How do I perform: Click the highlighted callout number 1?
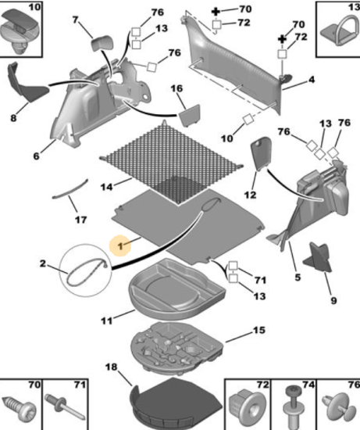(x=120, y=246)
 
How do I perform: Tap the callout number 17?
(x=80, y=220)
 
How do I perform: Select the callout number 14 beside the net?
(x=106, y=187)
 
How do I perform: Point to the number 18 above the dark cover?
(x=111, y=367)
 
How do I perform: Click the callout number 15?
(x=259, y=330)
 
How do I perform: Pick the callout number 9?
(x=333, y=300)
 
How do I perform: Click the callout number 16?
(x=176, y=88)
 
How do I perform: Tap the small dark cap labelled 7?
(x=102, y=43)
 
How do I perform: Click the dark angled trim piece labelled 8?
(x=26, y=85)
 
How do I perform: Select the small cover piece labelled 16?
(x=190, y=115)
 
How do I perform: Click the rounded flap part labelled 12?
(x=261, y=152)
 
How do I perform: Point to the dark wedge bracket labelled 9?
(x=319, y=257)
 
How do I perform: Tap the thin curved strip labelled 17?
(x=70, y=190)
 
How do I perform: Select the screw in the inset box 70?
(x=20, y=408)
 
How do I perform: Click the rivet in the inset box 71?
(x=66, y=407)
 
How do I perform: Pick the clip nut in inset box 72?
(x=246, y=405)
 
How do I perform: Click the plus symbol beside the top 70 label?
(x=216, y=12)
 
